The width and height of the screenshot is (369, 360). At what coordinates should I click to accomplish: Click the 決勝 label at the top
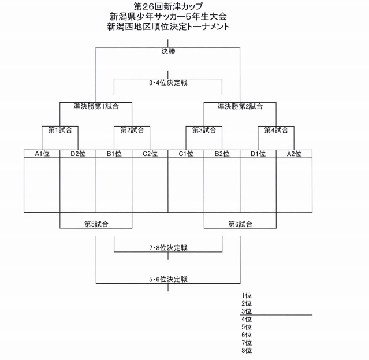click(x=168, y=51)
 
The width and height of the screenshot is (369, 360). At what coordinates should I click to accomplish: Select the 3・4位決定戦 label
click(x=168, y=83)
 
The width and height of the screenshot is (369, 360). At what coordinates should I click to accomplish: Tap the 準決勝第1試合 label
click(x=96, y=106)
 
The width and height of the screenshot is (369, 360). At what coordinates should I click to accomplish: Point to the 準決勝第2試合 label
click(x=240, y=106)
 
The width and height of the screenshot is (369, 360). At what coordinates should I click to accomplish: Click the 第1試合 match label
click(x=60, y=130)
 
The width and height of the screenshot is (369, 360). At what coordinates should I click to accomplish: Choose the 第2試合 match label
click(x=132, y=130)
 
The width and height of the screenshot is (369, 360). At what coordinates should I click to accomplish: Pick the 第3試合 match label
click(x=204, y=130)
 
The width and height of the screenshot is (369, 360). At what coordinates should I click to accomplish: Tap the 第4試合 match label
click(x=276, y=130)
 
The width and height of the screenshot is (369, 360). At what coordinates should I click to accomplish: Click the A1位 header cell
click(x=42, y=154)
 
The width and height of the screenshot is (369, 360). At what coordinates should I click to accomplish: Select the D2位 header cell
click(x=78, y=154)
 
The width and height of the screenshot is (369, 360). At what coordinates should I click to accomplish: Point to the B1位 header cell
click(x=114, y=154)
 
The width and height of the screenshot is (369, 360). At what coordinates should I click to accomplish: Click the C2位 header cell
click(x=150, y=154)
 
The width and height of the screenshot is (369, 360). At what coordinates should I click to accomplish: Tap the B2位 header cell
click(x=222, y=154)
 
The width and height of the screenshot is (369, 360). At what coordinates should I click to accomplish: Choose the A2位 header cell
click(x=295, y=154)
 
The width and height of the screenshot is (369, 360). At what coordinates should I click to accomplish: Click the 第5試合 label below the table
click(x=96, y=224)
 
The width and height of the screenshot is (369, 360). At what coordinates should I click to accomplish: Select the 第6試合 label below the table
click(x=240, y=224)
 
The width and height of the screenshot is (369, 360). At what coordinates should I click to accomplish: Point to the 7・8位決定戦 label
click(x=168, y=248)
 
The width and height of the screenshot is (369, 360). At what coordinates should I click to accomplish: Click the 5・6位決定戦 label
click(x=168, y=280)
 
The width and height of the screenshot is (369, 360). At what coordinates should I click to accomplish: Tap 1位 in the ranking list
click(x=247, y=295)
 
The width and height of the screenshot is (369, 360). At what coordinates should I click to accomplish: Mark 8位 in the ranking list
click(x=247, y=350)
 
